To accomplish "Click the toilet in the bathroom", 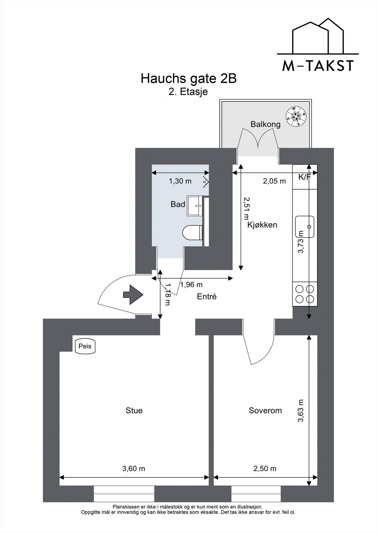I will pos(193,232).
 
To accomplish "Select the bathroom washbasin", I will pos(194,206).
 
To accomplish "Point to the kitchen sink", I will pos(305,227).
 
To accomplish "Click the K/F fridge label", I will pos(304,177).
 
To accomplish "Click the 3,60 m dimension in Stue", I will pos(134,468).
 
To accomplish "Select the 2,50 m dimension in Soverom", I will pos(265,468).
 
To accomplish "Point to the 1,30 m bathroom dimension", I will pos(180,181).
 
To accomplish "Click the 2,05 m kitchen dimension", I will pos(274,181).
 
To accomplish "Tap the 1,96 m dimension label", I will pos(191,284).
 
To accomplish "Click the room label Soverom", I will pos(265,410).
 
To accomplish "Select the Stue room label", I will pos(134,410).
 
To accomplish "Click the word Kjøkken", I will pos(262,225).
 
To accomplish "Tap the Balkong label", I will pos(265,124).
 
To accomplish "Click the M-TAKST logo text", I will pos(318,66).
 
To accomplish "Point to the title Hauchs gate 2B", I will pos(188,79).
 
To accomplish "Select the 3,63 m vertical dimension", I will pos(301,410).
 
